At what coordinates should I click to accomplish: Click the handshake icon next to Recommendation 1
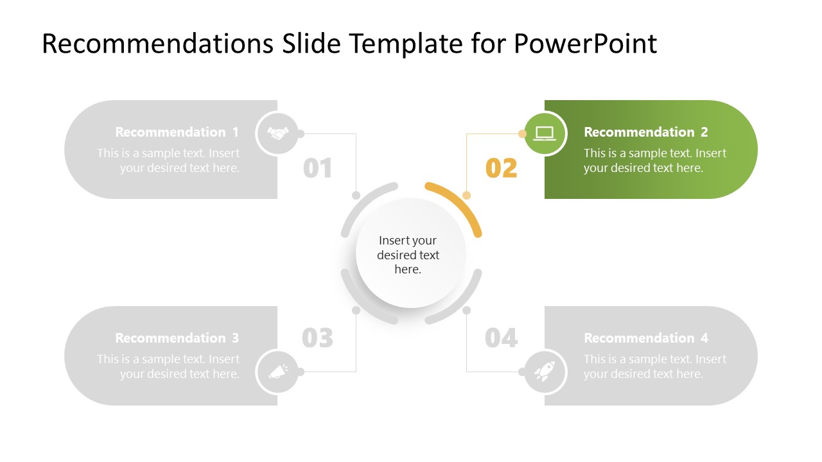(x=277, y=133)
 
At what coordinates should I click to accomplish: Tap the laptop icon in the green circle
(x=545, y=133)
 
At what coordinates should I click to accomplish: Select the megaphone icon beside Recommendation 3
(x=277, y=372)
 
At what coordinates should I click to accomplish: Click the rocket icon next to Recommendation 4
(x=545, y=372)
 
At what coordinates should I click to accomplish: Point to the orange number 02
(x=502, y=168)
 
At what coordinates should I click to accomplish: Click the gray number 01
(x=318, y=168)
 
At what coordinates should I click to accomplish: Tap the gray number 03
(x=318, y=338)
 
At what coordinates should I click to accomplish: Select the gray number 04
(x=502, y=338)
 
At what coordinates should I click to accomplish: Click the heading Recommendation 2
(x=645, y=132)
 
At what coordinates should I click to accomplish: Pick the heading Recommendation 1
(x=177, y=132)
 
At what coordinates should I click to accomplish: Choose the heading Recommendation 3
(x=177, y=338)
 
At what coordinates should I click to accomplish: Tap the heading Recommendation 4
(x=645, y=338)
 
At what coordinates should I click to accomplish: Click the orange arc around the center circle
(x=459, y=201)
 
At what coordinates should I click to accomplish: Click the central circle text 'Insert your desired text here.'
(x=408, y=255)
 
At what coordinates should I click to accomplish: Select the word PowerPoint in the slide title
(x=585, y=44)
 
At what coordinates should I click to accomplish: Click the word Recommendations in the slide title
(x=157, y=44)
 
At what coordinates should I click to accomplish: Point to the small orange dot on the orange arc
(x=467, y=195)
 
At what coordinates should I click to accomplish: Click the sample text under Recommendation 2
(x=654, y=160)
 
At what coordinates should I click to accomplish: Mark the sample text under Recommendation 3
(x=169, y=366)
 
